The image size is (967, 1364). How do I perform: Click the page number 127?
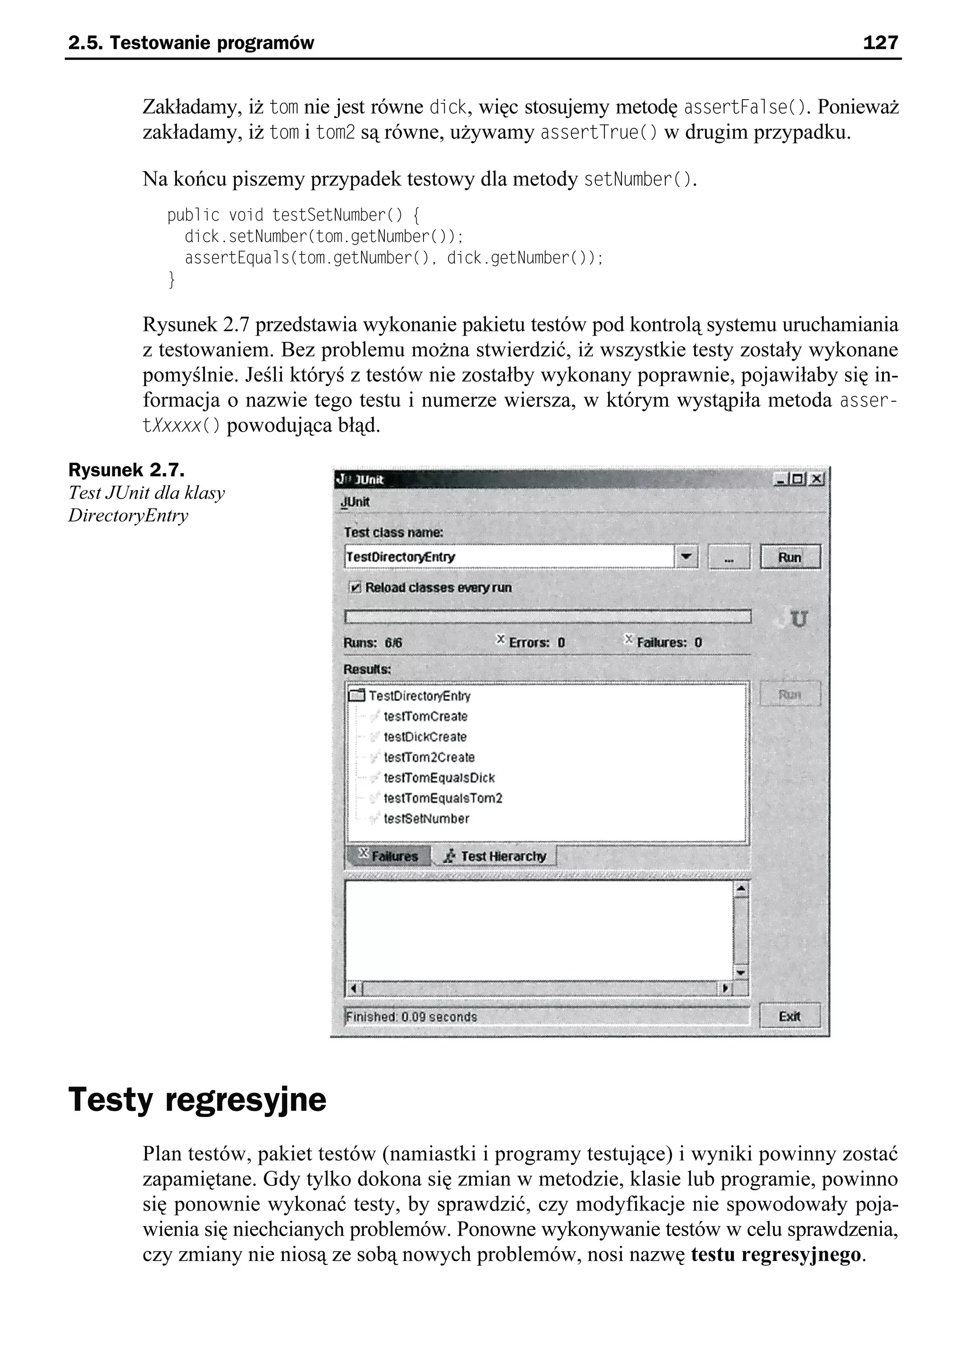[x=880, y=42]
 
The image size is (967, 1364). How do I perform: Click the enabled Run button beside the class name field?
[x=789, y=557]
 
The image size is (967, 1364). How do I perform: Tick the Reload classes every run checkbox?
[x=356, y=588]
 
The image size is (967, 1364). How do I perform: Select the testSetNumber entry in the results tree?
[x=426, y=819]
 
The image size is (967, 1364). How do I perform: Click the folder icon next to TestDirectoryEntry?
[x=356, y=695]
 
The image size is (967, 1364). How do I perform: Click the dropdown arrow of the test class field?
[x=687, y=557]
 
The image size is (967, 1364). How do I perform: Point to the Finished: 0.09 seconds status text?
[x=411, y=1017]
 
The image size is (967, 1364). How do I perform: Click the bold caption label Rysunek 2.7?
[x=126, y=470]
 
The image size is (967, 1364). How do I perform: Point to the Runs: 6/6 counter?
[x=373, y=643]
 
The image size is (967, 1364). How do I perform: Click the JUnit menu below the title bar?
[x=355, y=502]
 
